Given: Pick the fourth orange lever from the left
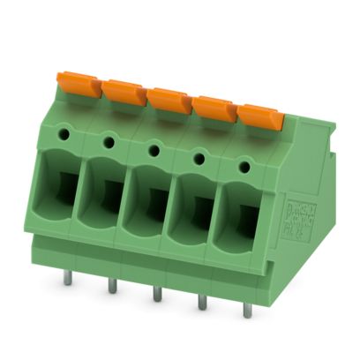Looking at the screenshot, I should pyautogui.click(x=214, y=108).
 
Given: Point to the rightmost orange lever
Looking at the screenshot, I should pyautogui.click(x=259, y=116).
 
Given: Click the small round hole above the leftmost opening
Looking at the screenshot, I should pyautogui.click(x=64, y=133).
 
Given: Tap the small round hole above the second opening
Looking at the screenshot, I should pyautogui.click(x=109, y=141).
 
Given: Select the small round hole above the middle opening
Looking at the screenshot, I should pyautogui.click(x=154, y=150).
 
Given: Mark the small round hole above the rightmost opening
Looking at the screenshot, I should pyautogui.click(x=244, y=166).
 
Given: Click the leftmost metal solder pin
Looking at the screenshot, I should pyautogui.click(x=67, y=276).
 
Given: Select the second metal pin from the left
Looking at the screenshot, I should pyautogui.click(x=112, y=285).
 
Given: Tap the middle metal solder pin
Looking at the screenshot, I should pyautogui.click(x=157, y=293).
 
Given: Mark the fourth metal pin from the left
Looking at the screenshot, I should pyautogui.click(x=202, y=301).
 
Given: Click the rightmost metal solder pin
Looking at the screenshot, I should pyautogui.click(x=247, y=310).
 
